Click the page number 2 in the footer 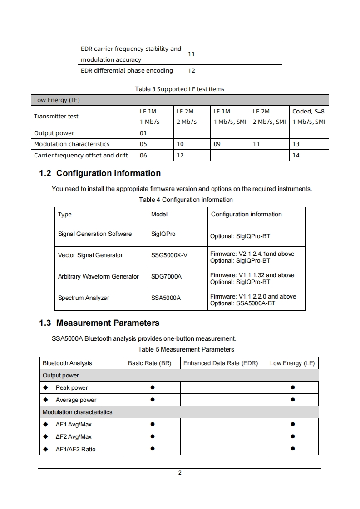[x=180, y=473]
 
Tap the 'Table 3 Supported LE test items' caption [x=179, y=89]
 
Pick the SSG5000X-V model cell [x=169, y=255]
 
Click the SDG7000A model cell [x=166, y=277]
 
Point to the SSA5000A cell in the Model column [x=166, y=298]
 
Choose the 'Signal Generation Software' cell [x=95, y=234]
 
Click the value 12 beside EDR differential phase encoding [x=192, y=71]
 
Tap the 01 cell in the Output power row [x=143, y=133]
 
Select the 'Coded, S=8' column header [x=309, y=111]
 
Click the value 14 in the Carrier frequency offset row [x=296, y=155]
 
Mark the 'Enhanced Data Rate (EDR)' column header [x=221, y=363]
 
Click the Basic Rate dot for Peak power [x=153, y=387]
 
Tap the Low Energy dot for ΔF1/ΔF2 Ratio [x=293, y=449]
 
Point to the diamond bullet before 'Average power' [x=45, y=400]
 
